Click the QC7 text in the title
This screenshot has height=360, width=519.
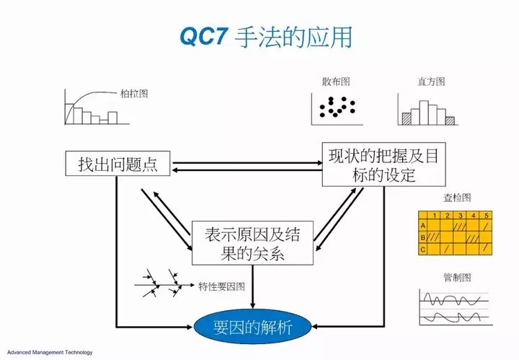(203, 36)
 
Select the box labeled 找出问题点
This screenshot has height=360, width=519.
(117, 163)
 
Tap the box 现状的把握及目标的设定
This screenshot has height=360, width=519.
(383, 164)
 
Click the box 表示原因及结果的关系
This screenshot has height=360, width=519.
(252, 243)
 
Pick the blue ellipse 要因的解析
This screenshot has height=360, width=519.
(252, 327)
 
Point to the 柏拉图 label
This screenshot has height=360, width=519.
(134, 94)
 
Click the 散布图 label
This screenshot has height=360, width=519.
(336, 82)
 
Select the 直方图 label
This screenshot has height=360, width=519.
(431, 82)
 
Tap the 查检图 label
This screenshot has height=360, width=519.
(457, 198)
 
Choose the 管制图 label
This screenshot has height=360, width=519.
(457, 278)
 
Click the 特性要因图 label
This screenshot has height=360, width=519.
(221, 286)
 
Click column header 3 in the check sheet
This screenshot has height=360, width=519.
(461, 215)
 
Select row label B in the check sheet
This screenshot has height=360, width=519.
(422, 237)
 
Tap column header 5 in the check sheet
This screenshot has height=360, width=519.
(487, 215)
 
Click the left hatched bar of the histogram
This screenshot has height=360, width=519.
(407, 119)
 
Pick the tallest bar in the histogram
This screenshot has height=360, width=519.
(424, 113)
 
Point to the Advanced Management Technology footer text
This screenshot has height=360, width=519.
(50, 352)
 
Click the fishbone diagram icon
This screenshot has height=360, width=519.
(164, 283)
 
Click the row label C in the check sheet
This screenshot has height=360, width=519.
(422, 249)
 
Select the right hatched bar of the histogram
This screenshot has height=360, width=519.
(450, 121)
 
